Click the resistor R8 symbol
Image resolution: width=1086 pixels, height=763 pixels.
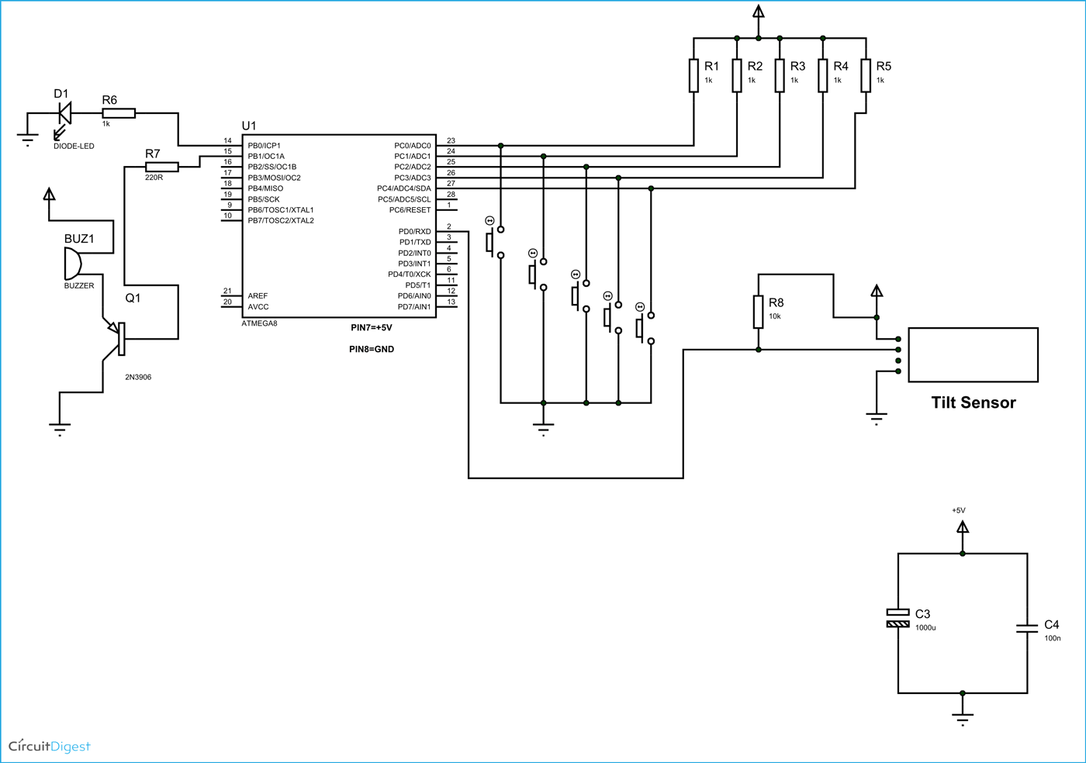pyautogui.click(x=758, y=312)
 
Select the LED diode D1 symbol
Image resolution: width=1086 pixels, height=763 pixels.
pyautogui.click(x=64, y=114)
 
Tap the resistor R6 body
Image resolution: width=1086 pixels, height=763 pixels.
pyautogui.click(x=119, y=113)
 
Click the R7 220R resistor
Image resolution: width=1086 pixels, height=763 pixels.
pyautogui.click(x=162, y=167)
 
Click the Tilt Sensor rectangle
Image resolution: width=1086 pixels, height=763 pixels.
pyautogui.click(x=973, y=355)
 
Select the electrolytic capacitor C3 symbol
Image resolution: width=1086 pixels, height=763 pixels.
pyautogui.click(x=898, y=618)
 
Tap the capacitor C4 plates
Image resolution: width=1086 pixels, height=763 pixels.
pyautogui.click(x=1027, y=628)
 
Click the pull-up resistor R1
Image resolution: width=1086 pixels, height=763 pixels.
pyautogui.click(x=693, y=76)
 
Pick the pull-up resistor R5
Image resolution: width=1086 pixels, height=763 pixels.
pyautogui.click(x=866, y=76)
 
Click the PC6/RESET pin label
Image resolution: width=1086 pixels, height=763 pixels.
pyautogui.click(x=410, y=210)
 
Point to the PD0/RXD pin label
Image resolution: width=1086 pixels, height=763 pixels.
pyautogui.click(x=414, y=232)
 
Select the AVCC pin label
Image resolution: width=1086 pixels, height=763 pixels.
pyautogui.click(x=258, y=307)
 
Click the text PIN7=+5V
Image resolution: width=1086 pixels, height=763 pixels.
pyautogui.click(x=372, y=328)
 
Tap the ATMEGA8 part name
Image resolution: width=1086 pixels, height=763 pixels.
pyautogui.click(x=259, y=323)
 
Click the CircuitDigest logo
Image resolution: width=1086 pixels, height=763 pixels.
pyautogui.click(x=50, y=746)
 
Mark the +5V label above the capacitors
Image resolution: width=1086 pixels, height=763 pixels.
pyautogui.click(x=959, y=510)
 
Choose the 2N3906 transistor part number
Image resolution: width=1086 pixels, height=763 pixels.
pyautogui.click(x=138, y=377)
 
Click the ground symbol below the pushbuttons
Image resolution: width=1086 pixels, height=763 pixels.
pyautogui.click(x=543, y=428)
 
